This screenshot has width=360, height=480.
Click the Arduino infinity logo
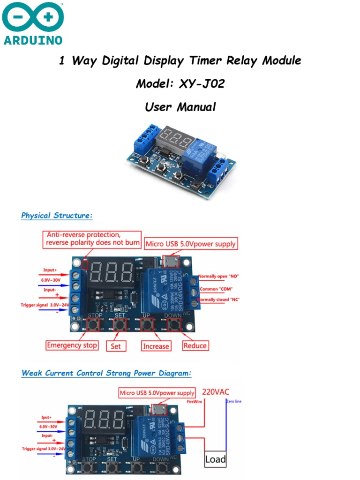pos(33,18)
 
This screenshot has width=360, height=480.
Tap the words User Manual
pos(180,107)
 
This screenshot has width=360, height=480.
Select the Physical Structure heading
pos(57,216)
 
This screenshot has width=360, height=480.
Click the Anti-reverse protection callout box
pos(92,239)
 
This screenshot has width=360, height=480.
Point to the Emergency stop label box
pos(72,345)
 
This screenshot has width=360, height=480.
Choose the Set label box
pos(116,346)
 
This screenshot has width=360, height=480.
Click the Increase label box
pos(156,346)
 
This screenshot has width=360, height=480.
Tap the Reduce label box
pos(195,345)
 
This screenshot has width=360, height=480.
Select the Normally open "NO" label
pos(219,277)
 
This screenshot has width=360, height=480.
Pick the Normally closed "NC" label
pos(219,300)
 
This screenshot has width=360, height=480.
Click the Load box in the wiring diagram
pos(215,459)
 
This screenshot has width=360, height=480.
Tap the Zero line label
pos(234,401)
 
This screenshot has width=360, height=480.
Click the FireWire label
pos(195,402)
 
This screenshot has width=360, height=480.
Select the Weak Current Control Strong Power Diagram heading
pos(106,373)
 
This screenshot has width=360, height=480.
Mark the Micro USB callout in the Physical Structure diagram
pos(191,244)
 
